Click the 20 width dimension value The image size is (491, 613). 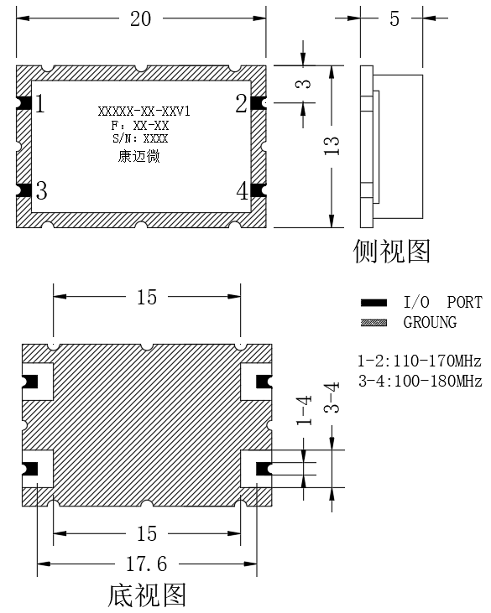(140, 18)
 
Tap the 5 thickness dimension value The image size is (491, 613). (394, 18)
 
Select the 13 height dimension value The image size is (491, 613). (332, 146)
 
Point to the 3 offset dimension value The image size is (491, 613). (304, 84)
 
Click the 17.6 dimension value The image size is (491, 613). (146, 564)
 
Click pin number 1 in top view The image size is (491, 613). (40, 104)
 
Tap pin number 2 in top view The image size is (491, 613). (242, 104)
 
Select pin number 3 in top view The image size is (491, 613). (41, 191)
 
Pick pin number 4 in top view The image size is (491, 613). (243, 191)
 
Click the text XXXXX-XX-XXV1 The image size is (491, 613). (144, 112)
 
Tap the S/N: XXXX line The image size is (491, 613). (140, 138)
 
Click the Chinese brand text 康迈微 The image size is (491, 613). (139, 156)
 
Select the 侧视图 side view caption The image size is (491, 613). (392, 251)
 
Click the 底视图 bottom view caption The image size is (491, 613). (147, 595)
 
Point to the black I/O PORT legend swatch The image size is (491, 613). (373, 303)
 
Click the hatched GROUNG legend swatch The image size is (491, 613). (373, 323)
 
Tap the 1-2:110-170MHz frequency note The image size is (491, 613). (420, 361)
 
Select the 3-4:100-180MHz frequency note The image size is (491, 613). (420, 381)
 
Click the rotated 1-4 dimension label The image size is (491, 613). (304, 410)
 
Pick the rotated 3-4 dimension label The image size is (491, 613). (332, 398)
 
